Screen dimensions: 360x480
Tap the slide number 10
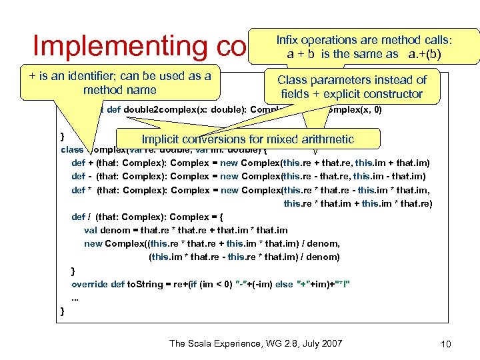[x=446, y=344]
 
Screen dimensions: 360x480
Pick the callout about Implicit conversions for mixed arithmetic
[x=247, y=139]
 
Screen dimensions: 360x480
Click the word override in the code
[x=89, y=284]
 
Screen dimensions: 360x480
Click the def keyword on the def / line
[x=78, y=217]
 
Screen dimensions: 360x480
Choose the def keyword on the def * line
[x=78, y=190]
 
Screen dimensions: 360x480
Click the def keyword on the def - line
[x=78, y=177]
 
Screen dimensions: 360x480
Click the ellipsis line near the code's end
[x=75, y=297]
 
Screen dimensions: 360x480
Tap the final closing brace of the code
[x=62, y=311]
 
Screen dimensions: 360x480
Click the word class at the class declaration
[x=71, y=149]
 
